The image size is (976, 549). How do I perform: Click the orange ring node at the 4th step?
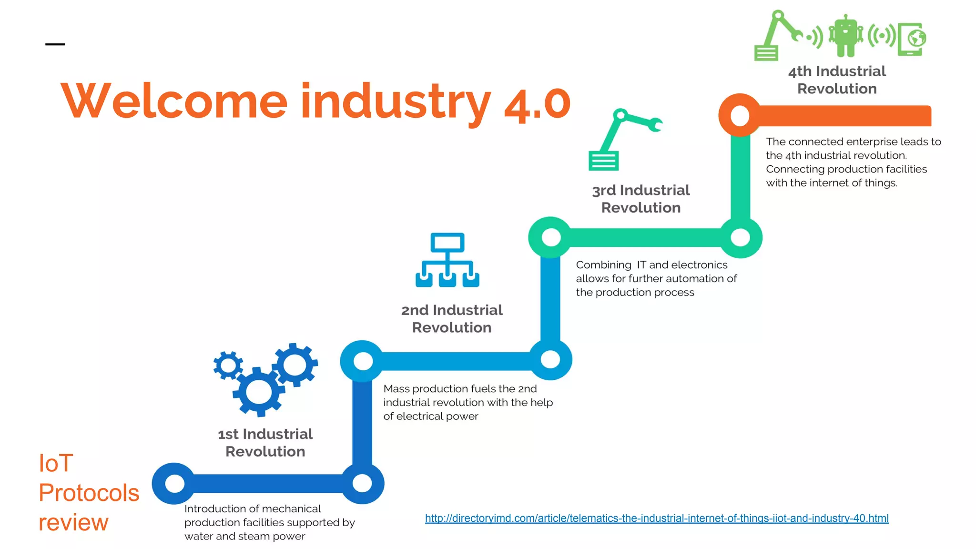point(740,115)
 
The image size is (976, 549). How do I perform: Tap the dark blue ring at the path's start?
point(174,483)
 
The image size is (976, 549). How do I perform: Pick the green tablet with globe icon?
point(911,39)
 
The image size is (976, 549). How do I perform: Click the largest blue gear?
point(258,392)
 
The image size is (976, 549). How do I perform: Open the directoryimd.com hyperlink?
point(657,518)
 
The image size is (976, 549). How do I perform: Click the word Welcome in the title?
point(174,101)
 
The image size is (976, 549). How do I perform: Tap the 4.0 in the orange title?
point(537,104)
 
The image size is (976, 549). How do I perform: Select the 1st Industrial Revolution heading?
point(265,442)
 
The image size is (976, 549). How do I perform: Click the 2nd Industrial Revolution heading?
point(452,318)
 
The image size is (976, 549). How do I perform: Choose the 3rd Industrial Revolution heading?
point(641,199)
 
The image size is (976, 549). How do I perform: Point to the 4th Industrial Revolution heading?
point(837,80)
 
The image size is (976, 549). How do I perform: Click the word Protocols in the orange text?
point(89,492)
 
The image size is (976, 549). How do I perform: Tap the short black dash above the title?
point(55,44)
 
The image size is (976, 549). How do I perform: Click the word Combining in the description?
point(603,265)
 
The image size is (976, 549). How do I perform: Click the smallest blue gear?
point(228,366)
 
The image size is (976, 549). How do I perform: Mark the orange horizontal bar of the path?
point(844,116)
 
